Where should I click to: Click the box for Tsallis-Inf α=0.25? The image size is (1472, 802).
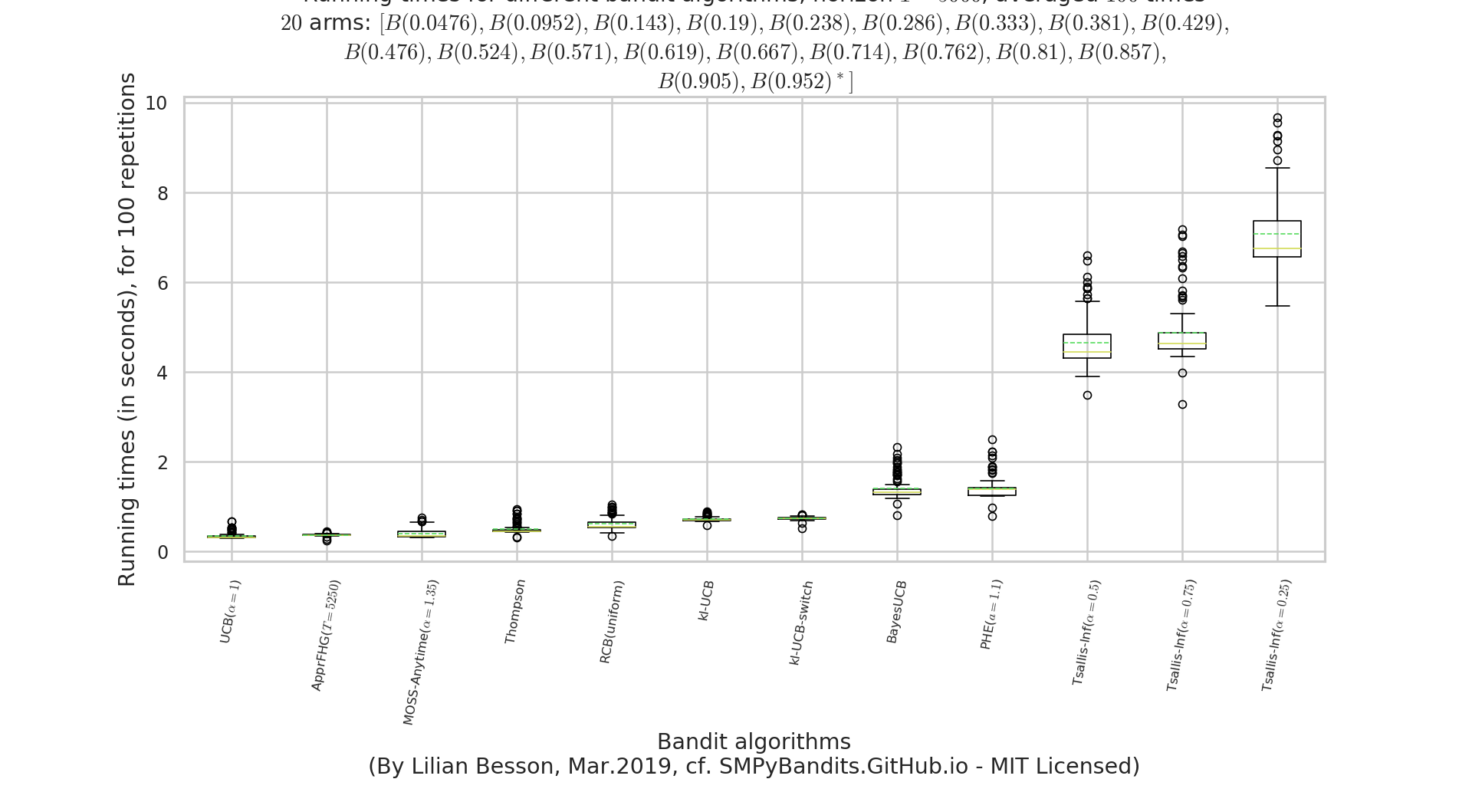click(x=1276, y=238)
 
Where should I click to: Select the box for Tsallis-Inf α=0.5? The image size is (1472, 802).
click(x=1086, y=346)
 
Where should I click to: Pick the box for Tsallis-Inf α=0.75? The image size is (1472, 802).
click(x=1181, y=340)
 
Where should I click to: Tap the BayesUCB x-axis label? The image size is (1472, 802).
click(x=895, y=612)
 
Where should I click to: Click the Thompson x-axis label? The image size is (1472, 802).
click(x=515, y=611)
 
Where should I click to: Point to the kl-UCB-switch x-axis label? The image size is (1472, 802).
click(x=800, y=623)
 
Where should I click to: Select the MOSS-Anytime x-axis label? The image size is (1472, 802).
click(x=421, y=652)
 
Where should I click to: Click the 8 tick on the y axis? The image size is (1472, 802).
click(x=163, y=193)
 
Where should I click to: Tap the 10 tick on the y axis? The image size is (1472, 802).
click(x=156, y=104)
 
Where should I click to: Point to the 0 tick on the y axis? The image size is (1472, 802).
click(x=163, y=552)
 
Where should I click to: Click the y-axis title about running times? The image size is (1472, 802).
click(x=127, y=330)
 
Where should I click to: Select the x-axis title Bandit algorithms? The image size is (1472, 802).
click(x=754, y=742)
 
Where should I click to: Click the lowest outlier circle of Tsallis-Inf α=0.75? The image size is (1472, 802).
click(x=1182, y=404)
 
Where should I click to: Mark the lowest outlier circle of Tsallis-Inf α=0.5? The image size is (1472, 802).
click(x=1087, y=395)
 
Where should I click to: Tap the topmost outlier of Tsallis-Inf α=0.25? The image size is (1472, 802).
click(x=1277, y=119)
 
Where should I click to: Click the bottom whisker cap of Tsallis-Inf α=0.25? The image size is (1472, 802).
click(x=1276, y=306)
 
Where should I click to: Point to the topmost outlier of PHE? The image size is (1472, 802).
click(x=992, y=440)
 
